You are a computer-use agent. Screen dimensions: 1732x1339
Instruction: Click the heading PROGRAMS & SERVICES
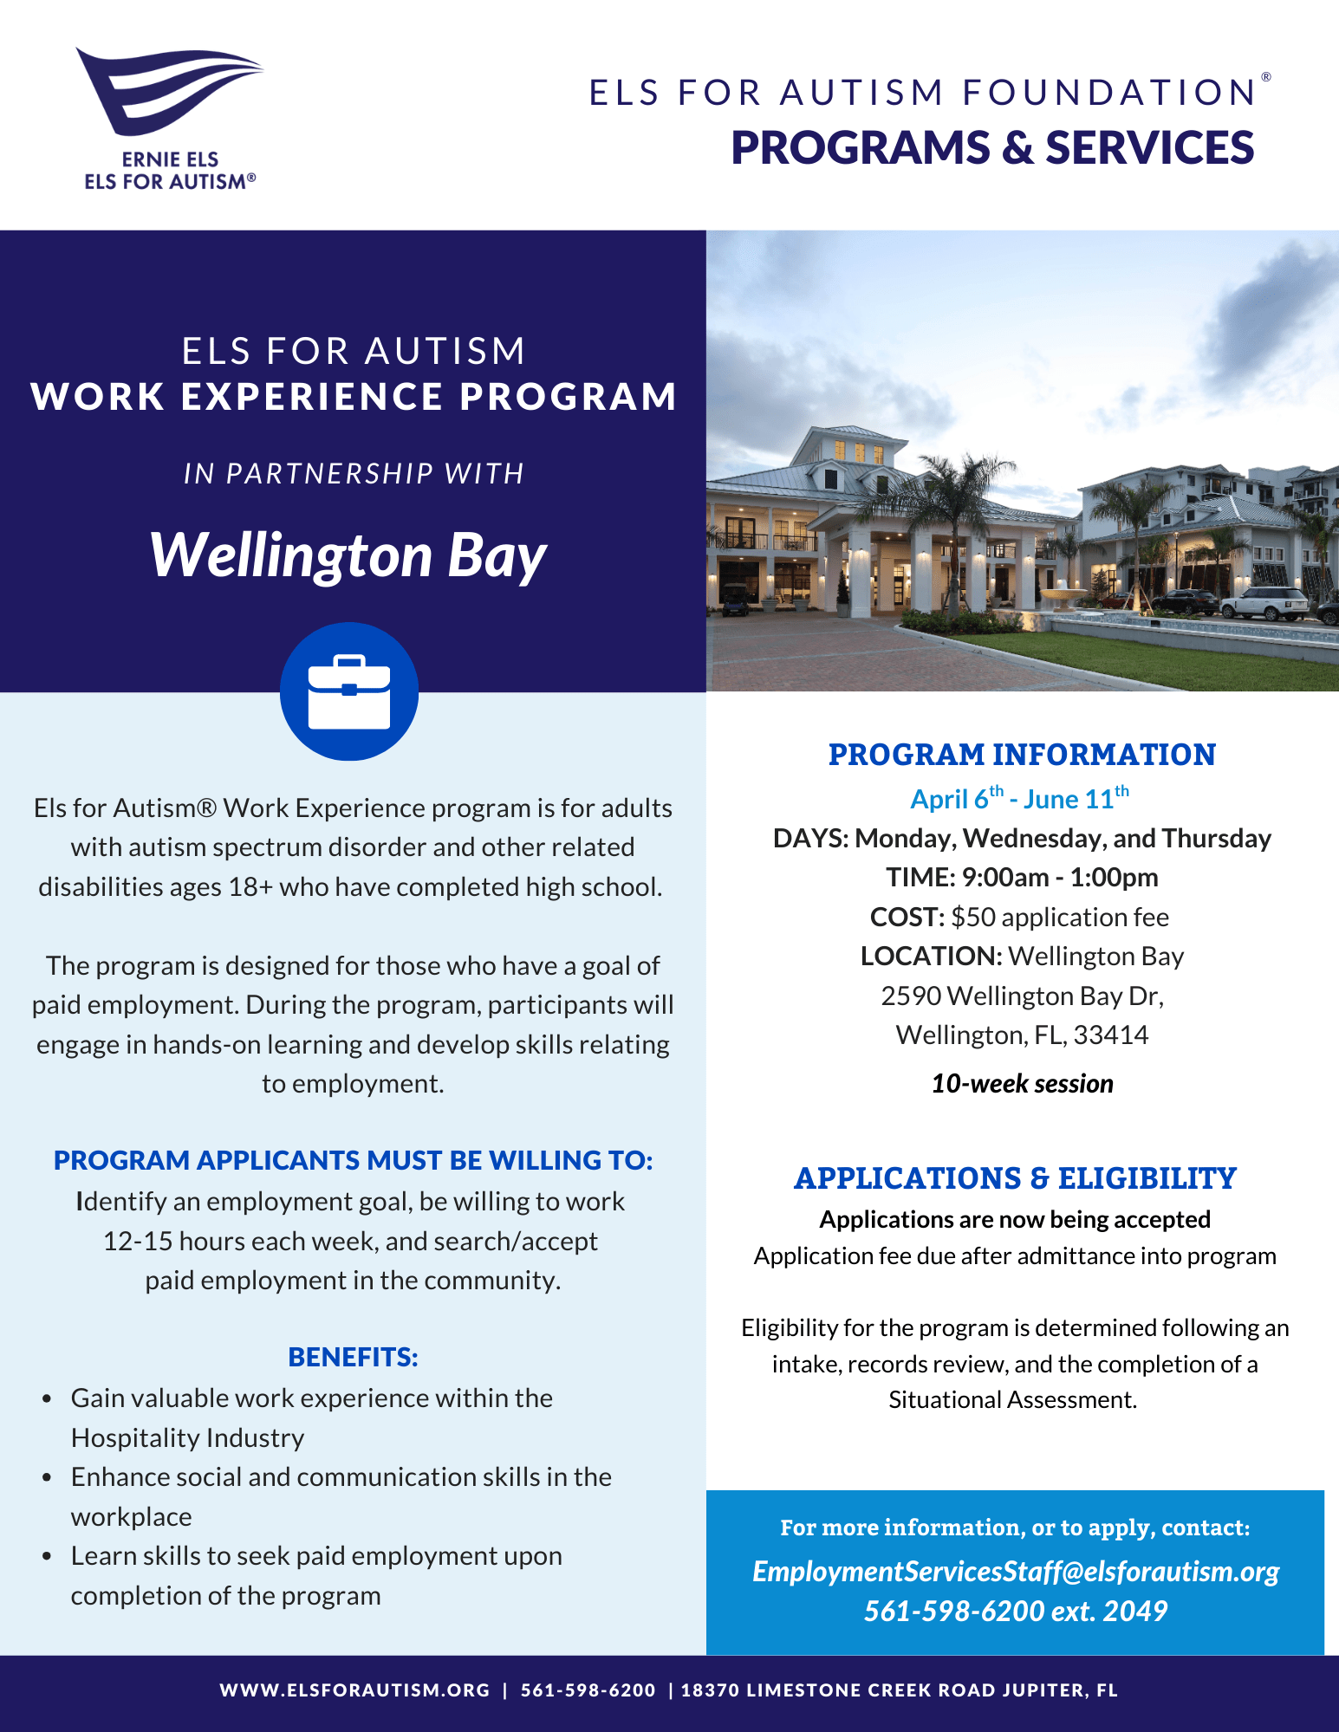click(992, 147)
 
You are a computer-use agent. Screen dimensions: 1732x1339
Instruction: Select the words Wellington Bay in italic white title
click(348, 555)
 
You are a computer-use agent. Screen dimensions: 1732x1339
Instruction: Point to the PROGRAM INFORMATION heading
click(1022, 755)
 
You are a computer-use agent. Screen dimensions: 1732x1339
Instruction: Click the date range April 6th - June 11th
click(1020, 799)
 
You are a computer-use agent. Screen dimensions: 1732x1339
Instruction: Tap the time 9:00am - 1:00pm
click(1059, 878)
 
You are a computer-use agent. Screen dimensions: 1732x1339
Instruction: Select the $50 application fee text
click(1059, 917)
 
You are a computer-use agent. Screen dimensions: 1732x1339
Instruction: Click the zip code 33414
click(1111, 1035)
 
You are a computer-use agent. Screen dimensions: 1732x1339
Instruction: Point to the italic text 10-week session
click(1022, 1083)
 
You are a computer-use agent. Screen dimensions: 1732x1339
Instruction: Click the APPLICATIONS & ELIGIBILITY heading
click(1015, 1178)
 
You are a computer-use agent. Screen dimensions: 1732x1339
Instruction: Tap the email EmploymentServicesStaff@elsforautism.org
click(1015, 1571)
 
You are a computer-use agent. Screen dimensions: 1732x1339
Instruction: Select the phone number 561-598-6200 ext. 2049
click(1015, 1611)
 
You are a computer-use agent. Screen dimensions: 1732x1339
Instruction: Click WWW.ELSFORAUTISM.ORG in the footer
click(354, 1690)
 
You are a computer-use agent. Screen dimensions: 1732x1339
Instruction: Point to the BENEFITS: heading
click(353, 1357)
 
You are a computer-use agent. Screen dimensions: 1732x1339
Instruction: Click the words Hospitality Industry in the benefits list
click(187, 1437)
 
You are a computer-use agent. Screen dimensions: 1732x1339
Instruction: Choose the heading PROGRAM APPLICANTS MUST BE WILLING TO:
click(353, 1160)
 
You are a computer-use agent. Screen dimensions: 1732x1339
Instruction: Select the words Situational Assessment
click(1012, 1400)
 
